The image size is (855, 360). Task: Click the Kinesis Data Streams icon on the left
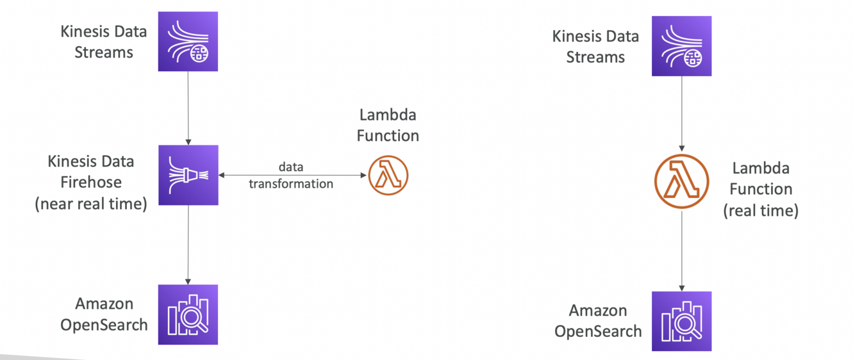(188, 42)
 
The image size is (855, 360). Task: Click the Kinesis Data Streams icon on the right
(681, 46)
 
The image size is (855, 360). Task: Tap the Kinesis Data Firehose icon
(188, 175)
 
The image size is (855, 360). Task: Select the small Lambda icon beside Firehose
(388, 175)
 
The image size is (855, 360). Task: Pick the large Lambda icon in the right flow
(681, 181)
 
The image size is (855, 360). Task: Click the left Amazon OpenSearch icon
(188, 315)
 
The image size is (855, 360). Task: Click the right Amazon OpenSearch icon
(681, 321)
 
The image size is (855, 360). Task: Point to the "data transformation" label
(291, 176)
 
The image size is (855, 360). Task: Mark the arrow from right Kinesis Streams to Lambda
(681, 115)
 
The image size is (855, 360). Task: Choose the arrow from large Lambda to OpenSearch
(681, 250)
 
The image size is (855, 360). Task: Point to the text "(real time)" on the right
(761, 211)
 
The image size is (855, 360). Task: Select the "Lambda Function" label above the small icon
(388, 125)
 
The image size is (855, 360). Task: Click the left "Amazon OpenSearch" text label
(104, 314)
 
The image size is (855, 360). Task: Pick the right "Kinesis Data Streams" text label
(595, 46)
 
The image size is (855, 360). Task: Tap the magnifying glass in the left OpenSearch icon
(194, 318)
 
